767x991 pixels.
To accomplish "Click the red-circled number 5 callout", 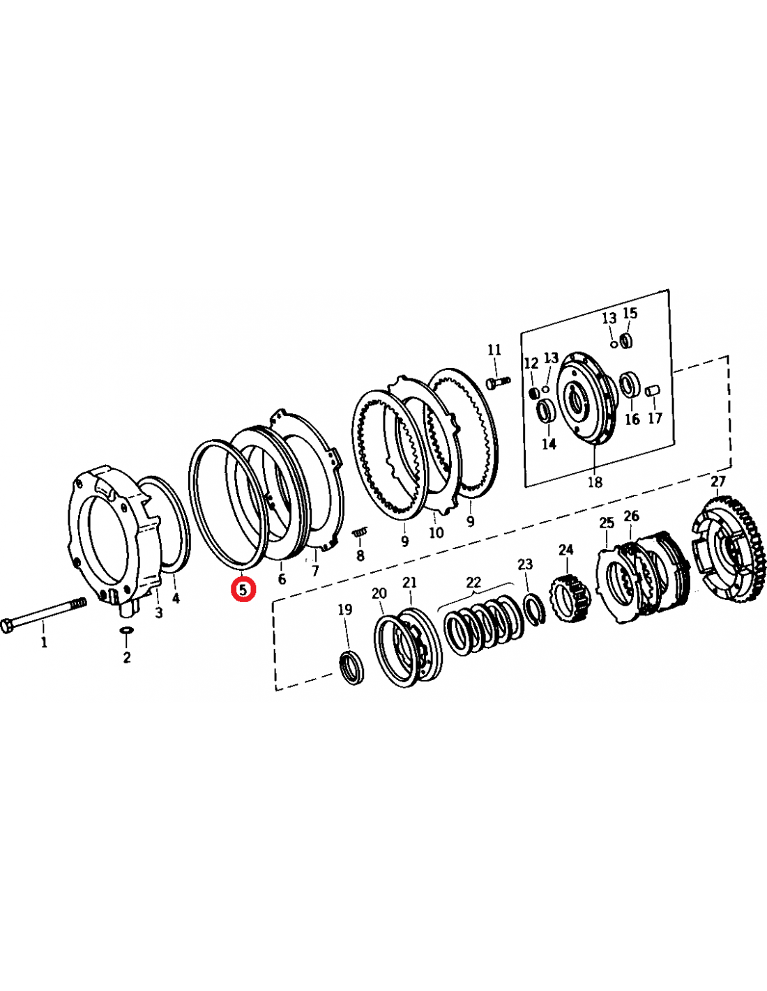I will [x=243, y=589].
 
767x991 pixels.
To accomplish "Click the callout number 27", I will [x=718, y=481].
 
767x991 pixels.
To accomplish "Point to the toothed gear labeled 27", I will [x=729, y=550].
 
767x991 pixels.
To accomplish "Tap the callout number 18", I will [x=595, y=482].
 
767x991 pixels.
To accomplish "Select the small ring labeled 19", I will [x=351, y=667].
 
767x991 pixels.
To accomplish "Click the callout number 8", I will [x=360, y=555].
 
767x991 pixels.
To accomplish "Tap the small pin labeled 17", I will [x=653, y=390].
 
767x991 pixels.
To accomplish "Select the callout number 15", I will [x=630, y=313].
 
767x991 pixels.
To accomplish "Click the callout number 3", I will [x=159, y=613].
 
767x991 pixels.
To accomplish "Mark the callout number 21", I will [x=409, y=582].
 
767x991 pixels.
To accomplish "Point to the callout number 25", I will [x=607, y=523].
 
